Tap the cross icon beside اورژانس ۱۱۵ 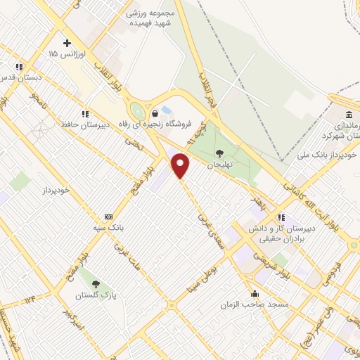67,43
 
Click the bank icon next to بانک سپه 108,217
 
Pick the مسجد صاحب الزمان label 254,303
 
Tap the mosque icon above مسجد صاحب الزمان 254,294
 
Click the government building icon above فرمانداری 349,115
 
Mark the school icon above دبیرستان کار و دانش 281,217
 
